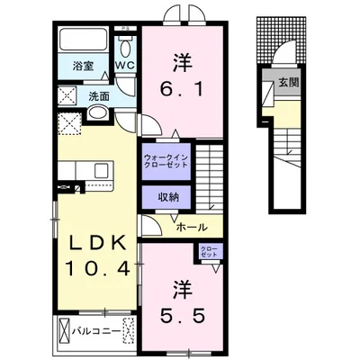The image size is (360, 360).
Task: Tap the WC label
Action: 124,66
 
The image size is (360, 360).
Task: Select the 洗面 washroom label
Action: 98,96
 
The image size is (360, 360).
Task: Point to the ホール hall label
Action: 193,228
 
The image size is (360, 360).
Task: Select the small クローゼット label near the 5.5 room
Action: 209,253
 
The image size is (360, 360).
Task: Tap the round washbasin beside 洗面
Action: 97,114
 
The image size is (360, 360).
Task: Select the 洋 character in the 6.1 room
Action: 182,62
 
